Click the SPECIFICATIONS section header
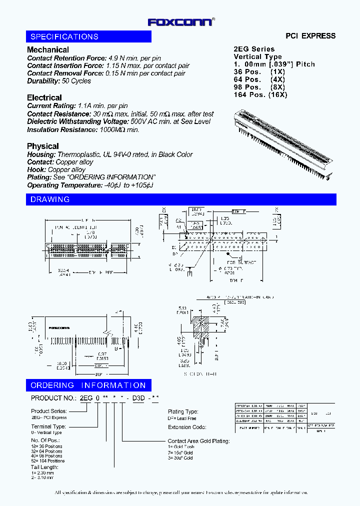tap(64, 37)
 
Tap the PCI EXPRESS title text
tap(310, 36)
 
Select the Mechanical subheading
tap(48, 50)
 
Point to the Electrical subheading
tap(44, 98)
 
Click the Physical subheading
tap(43, 146)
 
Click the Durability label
tap(43, 81)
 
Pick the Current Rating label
tap(51, 106)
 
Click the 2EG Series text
tap(254, 49)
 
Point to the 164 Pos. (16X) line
tap(260, 94)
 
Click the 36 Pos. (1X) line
tap(259, 71)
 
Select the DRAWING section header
tap(50, 200)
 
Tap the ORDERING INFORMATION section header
tap(88, 385)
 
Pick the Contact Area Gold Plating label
tap(198, 441)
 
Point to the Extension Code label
tap(187, 427)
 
